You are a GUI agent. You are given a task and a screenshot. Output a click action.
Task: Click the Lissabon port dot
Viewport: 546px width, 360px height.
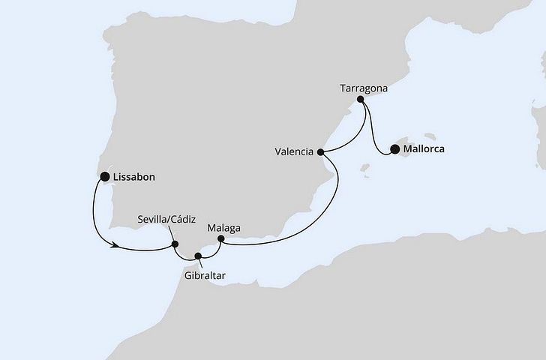pos(105,177)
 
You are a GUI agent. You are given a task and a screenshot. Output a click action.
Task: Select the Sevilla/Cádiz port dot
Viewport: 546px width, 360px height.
pos(175,243)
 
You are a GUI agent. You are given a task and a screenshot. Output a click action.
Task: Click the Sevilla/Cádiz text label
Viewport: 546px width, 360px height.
pos(166,220)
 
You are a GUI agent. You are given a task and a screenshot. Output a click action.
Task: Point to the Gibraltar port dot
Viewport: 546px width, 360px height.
pos(198,256)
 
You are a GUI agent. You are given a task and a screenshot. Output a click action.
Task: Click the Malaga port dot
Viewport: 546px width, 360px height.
pos(220,239)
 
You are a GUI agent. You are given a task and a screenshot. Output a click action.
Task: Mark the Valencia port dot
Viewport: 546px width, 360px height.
pos(322,151)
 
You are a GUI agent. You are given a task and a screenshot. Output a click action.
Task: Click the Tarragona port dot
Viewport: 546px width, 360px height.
pos(361,99)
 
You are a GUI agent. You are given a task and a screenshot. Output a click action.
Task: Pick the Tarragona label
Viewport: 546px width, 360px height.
pos(363,87)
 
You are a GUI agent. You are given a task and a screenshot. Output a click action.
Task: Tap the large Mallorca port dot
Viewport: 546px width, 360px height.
pos(394,148)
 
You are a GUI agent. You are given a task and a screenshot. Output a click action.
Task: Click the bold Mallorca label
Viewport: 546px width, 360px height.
pos(424,148)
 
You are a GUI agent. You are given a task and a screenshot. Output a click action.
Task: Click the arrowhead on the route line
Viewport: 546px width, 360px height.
pos(115,244)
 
